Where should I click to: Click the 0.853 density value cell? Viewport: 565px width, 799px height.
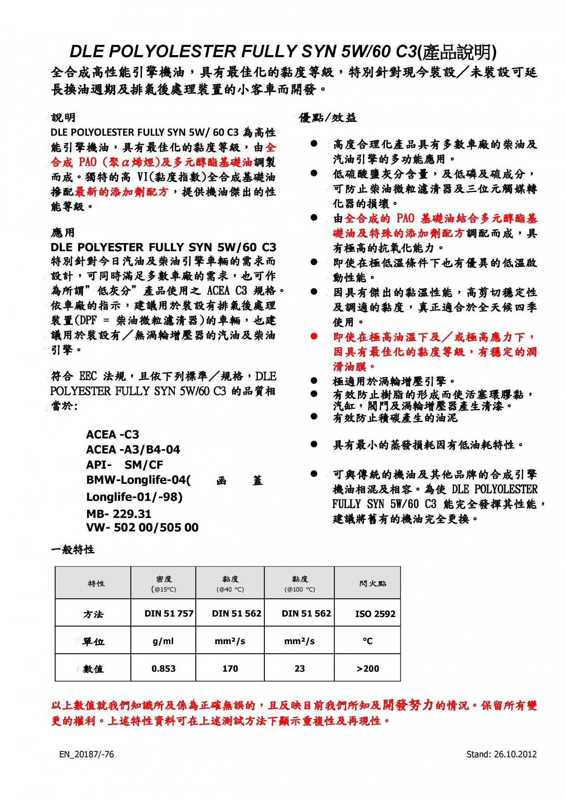(163, 668)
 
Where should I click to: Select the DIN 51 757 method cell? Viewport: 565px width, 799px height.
(169, 614)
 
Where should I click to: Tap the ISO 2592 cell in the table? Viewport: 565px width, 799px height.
(375, 614)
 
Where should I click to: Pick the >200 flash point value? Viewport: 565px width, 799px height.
(368, 668)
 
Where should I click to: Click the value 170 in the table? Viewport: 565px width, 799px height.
(230, 668)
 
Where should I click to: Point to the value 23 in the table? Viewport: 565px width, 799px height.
(299, 668)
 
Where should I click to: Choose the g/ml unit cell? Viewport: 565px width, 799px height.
(163, 641)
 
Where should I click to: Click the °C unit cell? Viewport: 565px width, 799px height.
(368, 641)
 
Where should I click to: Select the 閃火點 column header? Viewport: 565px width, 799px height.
(373, 584)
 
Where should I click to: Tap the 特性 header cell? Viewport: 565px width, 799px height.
(96, 584)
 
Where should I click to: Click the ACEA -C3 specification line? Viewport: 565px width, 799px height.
(113, 434)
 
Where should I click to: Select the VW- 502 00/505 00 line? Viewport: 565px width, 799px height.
(142, 528)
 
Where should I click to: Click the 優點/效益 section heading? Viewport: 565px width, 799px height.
(328, 118)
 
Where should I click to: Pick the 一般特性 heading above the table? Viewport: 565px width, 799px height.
(73, 550)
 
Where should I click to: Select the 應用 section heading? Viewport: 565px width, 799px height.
(63, 233)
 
